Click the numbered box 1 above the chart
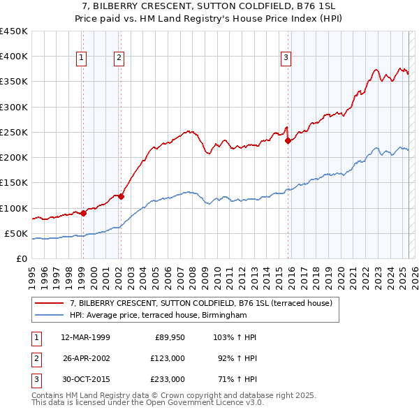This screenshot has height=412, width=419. (82, 58)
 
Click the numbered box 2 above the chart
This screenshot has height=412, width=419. (119, 58)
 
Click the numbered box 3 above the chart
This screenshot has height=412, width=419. (286, 58)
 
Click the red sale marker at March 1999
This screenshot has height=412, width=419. (83, 213)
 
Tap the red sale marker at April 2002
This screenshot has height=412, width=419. (121, 196)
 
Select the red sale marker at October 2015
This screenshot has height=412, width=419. (288, 140)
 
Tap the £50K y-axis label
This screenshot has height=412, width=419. (16, 233)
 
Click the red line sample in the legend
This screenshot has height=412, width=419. (49, 303)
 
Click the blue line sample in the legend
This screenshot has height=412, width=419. (49, 315)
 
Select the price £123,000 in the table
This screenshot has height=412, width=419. (168, 358)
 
